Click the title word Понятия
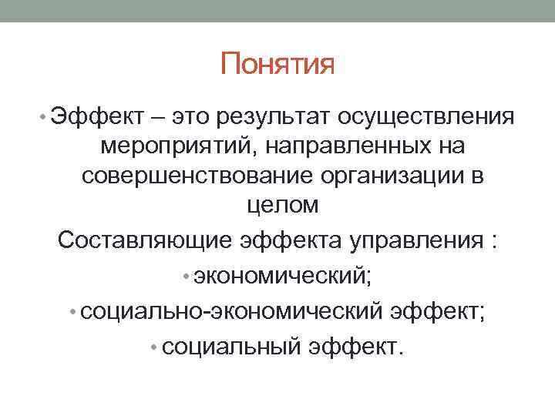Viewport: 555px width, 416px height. point(277,64)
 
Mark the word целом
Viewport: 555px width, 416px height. point(277,206)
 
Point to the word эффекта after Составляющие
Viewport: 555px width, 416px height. point(291,240)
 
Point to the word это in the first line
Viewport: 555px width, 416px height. point(191,117)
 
